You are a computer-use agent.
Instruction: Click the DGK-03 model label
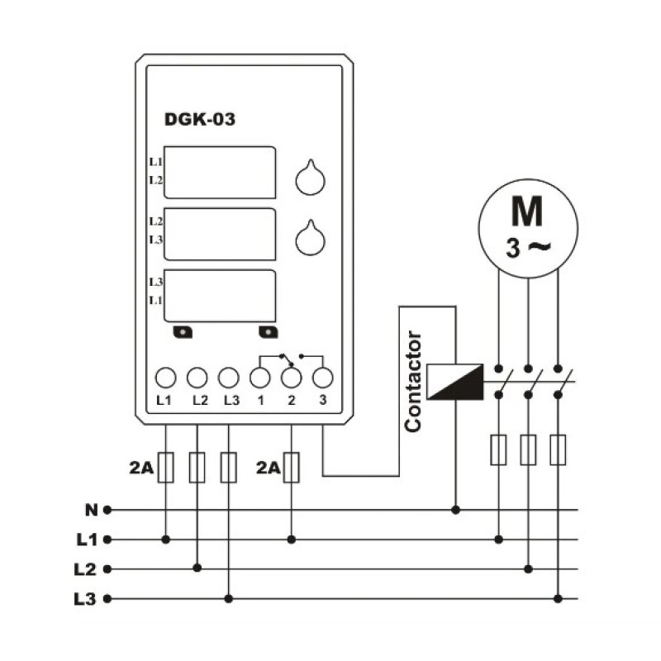click(199, 119)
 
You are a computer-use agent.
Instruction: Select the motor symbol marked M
click(528, 228)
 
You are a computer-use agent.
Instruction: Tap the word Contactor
click(413, 382)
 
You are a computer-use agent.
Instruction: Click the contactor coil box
click(455, 382)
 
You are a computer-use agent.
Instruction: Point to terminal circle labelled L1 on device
click(166, 378)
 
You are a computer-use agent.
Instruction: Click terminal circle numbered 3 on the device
click(322, 378)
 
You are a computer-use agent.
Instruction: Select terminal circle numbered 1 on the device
click(260, 378)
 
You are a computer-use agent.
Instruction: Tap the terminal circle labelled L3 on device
click(229, 378)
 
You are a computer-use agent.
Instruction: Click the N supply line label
click(91, 510)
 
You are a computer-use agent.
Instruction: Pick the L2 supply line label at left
click(85, 569)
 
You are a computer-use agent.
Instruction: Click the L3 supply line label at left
click(85, 599)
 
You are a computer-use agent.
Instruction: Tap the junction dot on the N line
click(455, 510)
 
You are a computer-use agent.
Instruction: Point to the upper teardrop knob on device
click(311, 178)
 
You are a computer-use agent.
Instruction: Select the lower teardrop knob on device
click(311, 238)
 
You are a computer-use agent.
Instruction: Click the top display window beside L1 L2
click(220, 173)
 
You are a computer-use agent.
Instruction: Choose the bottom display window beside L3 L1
click(220, 296)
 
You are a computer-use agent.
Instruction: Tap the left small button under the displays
click(183, 332)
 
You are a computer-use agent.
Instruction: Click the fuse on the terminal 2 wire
click(292, 467)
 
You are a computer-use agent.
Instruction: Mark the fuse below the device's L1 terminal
click(166, 467)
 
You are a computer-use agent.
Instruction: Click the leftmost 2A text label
click(141, 468)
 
